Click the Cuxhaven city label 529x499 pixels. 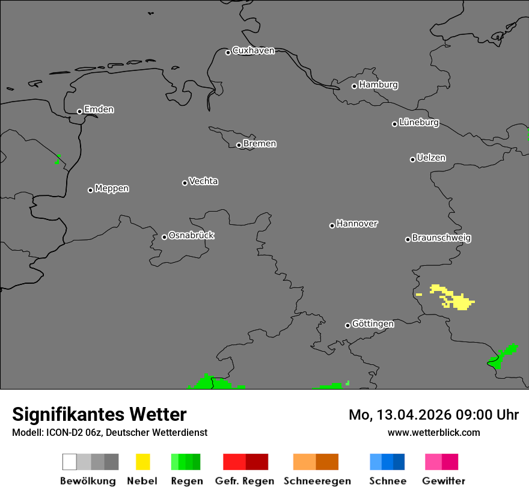point(253,51)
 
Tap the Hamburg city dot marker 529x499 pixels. point(354,86)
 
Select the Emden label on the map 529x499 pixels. point(99,109)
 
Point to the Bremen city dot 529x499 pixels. point(239,145)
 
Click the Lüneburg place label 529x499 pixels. point(418,122)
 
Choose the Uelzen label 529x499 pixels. point(431,158)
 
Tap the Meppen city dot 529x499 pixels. point(90,190)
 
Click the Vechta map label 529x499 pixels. point(203,181)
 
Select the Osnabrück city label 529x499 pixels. point(191,235)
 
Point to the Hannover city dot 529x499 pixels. point(332,225)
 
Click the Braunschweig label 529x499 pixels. point(441,237)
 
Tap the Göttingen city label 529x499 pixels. point(373,323)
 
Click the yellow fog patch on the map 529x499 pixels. point(460,300)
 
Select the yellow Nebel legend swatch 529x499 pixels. point(142,462)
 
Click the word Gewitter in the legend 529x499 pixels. point(443,481)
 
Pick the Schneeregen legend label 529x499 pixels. point(317,481)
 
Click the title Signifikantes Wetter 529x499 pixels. point(99,414)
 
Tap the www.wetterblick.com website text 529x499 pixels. point(433,432)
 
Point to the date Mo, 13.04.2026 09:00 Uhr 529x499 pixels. point(433,415)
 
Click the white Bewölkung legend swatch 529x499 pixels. point(70,462)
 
